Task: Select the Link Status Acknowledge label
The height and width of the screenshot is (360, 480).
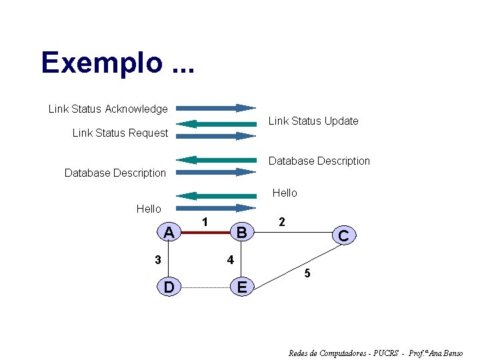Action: (108, 109)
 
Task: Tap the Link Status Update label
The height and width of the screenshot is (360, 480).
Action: (313, 121)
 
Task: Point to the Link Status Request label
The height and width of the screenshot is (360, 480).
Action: (120, 133)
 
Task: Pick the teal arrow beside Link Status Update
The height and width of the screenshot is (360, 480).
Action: (216, 123)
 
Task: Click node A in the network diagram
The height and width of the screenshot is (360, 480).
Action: (169, 232)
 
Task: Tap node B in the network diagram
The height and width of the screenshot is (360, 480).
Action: (242, 232)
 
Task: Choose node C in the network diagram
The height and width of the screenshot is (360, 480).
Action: (343, 235)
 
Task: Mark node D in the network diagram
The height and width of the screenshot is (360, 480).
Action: (169, 287)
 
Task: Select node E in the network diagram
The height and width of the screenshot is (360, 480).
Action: (242, 287)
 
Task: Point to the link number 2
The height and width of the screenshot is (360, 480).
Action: (282, 222)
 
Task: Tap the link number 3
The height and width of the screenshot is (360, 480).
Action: (157, 260)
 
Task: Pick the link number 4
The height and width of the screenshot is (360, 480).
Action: (230, 260)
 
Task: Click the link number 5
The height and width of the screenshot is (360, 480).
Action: (307, 273)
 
